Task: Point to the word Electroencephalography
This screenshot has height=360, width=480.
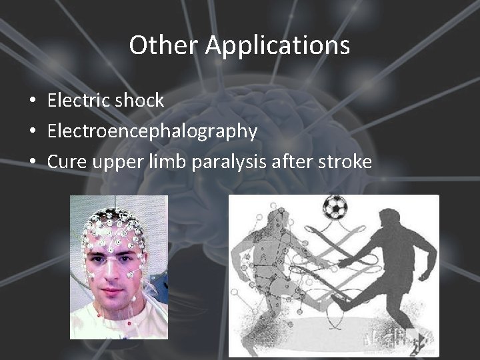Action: (152, 131)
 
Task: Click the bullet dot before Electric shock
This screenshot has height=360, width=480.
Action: (32, 101)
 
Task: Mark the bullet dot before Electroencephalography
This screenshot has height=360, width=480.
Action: (32, 132)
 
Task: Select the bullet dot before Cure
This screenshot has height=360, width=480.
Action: (32, 163)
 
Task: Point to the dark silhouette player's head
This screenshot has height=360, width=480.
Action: (387, 217)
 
